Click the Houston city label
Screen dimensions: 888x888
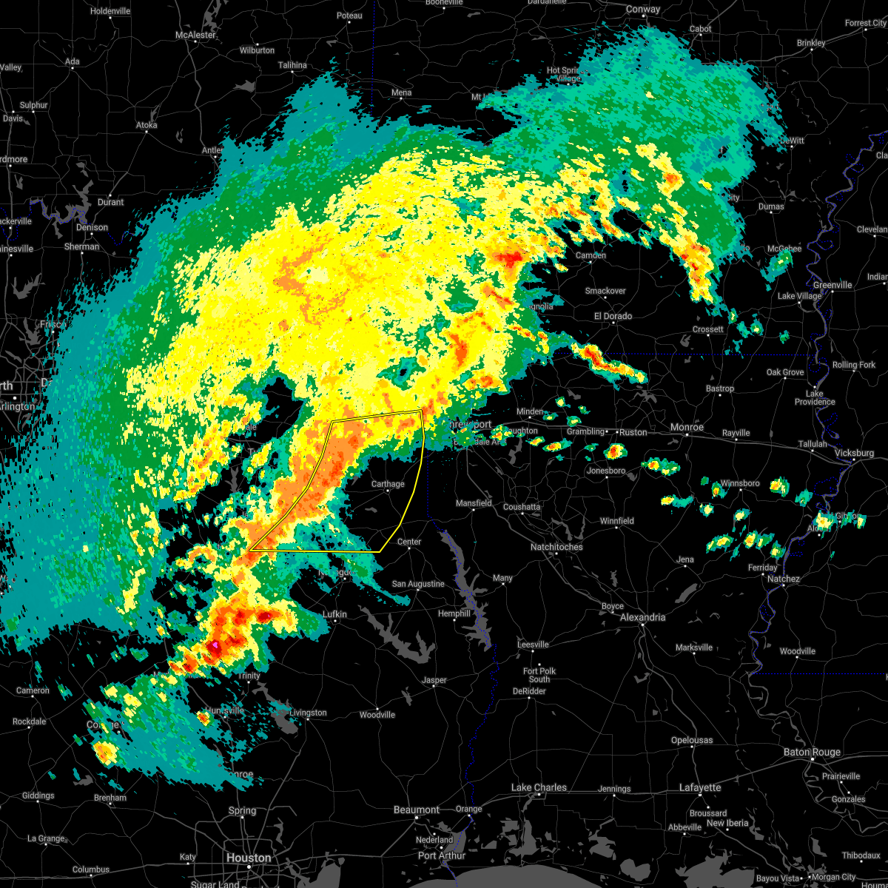pos(249,858)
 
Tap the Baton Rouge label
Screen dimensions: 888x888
pos(812,752)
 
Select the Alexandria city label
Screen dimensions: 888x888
pos(642,617)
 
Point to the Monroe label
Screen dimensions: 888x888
pos(687,427)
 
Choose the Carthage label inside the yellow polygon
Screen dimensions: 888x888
pos(388,484)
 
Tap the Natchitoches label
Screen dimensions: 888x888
pos(556,547)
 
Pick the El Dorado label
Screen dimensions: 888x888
pos(613,316)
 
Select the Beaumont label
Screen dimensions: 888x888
pos(417,810)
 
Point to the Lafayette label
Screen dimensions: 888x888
pos(700,787)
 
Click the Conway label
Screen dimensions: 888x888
pos(642,10)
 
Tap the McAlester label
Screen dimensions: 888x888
pos(195,35)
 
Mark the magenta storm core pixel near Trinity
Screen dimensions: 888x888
pos(215,646)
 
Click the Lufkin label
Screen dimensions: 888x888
pos(334,614)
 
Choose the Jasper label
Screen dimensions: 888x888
pos(434,680)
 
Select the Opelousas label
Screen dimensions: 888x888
pos(693,740)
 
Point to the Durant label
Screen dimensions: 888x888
pos(110,202)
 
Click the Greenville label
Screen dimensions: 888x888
pos(832,285)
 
